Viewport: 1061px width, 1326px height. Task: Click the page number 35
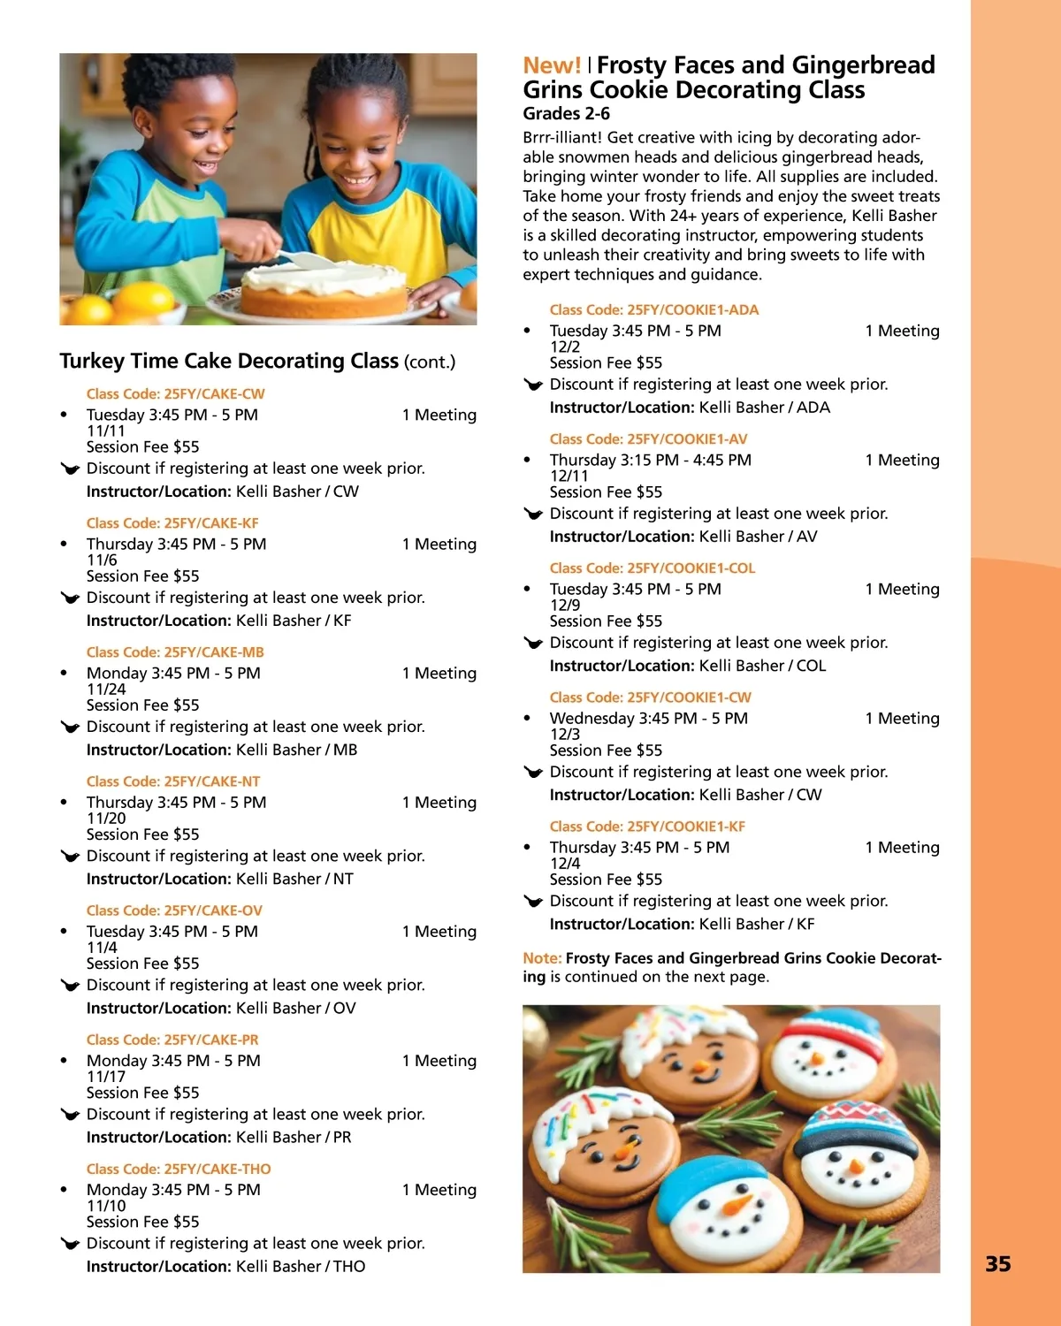997,1264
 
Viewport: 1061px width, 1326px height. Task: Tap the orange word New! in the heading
552,65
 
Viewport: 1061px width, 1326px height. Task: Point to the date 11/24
106,690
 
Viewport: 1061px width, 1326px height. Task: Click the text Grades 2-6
566,113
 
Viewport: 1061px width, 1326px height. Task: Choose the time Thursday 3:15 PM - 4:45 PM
650,460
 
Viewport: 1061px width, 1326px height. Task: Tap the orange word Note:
542,958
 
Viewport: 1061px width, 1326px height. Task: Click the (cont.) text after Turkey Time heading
430,362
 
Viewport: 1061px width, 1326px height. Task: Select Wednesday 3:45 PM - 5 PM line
648,718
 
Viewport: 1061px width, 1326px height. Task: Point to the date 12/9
565,606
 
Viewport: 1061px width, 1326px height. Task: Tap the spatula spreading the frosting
305,260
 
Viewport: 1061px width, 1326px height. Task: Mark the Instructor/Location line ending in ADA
690,408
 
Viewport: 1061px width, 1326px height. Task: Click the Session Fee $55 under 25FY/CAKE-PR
142,1093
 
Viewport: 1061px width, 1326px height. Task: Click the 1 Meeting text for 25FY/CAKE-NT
439,803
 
